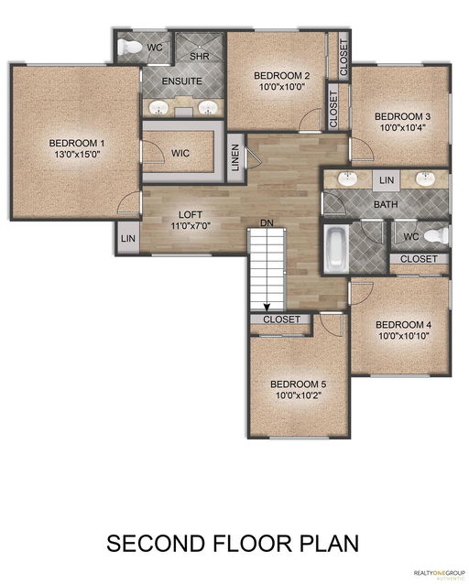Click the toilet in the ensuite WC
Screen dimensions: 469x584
click(x=129, y=47)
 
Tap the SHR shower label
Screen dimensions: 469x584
click(x=200, y=57)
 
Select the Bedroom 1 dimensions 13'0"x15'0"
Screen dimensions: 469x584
click(x=77, y=154)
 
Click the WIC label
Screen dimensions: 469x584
click(x=180, y=153)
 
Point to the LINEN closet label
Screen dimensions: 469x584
click(x=235, y=158)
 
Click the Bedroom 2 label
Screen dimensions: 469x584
click(x=282, y=76)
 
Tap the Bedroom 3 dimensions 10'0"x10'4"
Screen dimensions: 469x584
click(x=403, y=127)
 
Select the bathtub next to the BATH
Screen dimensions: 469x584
click(x=336, y=248)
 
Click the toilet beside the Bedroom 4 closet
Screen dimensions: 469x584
click(x=437, y=236)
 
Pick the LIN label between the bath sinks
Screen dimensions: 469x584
click(x=387, y=180)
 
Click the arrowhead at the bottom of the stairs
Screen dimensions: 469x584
click(x=267, y=308)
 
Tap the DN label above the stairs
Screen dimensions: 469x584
click(x=267, y=223)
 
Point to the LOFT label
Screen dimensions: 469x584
click(x=191, y=215)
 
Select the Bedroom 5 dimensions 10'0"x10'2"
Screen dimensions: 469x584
click(x=299, y=395)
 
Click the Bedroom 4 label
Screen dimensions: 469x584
click(x=404, y=324)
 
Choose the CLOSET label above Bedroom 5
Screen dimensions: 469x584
click(x=282, y=319)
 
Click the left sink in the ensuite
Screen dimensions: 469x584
click(x=159, y=108)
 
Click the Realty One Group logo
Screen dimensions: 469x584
click(x=439, y=574)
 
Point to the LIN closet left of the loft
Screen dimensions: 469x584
click(x=128, y=238)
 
